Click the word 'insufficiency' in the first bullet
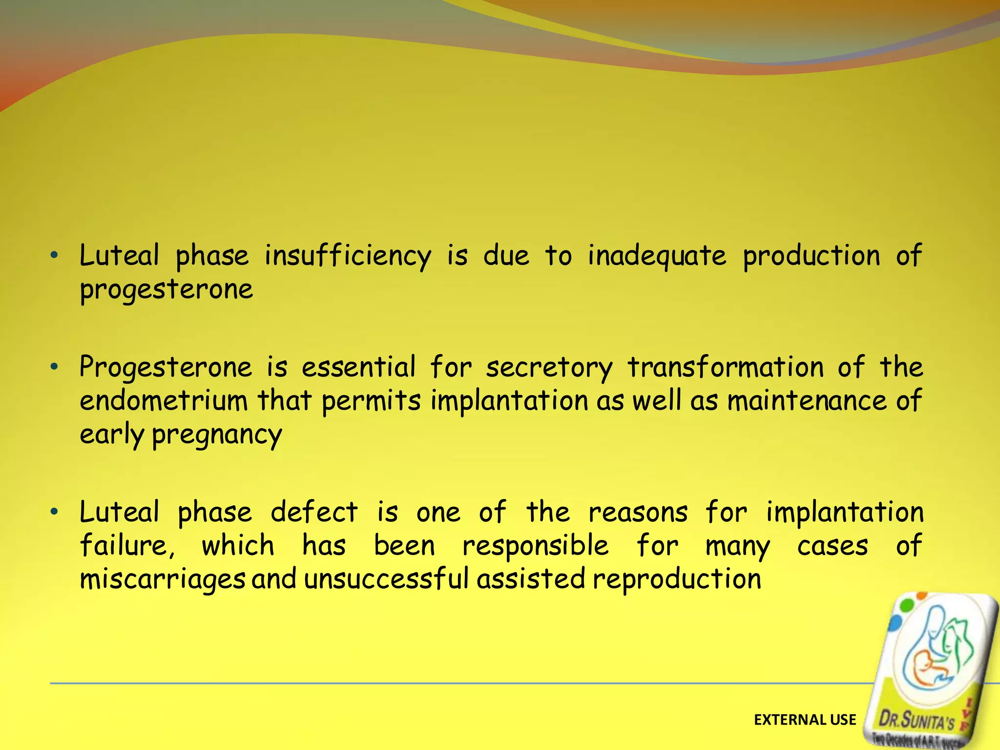click(x=348, y=256)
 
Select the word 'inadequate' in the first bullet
click(x=657, y=256)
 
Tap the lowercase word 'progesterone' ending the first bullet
click(x=167, y=290)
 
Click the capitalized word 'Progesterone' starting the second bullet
click(x=166, y=367)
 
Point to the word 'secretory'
click(x=549, y=367)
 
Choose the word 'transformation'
click(x=726, y=367)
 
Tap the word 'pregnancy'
click(x=217, y=435)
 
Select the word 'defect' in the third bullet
click(x=314, y=512)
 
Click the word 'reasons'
click(x=638, y=512)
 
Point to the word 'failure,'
click(x=127, y=545)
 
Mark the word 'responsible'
click(x=536, y=545)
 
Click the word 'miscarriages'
click(x=163, y=580)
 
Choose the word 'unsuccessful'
click(x=386, y=580)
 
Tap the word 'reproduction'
click(x=677, y=580)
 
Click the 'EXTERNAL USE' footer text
click(x=805, y=720)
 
